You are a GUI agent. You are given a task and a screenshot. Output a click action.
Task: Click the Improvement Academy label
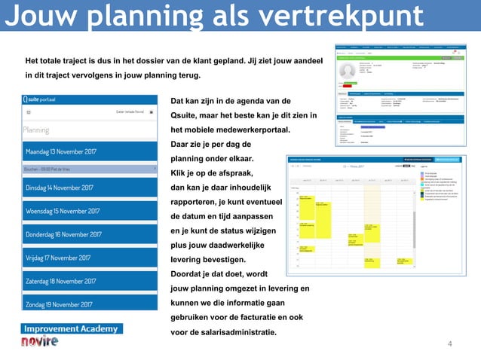coord(72,329)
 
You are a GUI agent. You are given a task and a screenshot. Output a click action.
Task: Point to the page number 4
coord(450,345)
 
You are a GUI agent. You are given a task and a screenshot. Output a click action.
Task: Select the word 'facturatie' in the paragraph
coord(247,318)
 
